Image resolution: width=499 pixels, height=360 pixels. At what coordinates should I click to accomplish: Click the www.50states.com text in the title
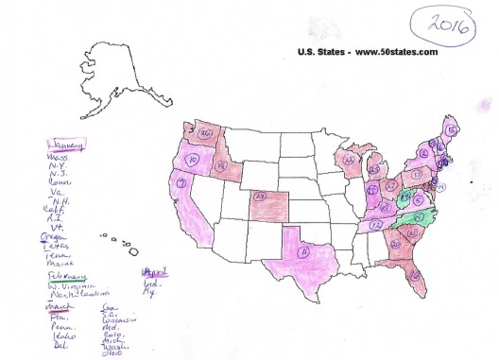pos(397,53)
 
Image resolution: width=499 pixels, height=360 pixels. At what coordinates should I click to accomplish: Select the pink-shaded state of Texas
pos(301,253)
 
